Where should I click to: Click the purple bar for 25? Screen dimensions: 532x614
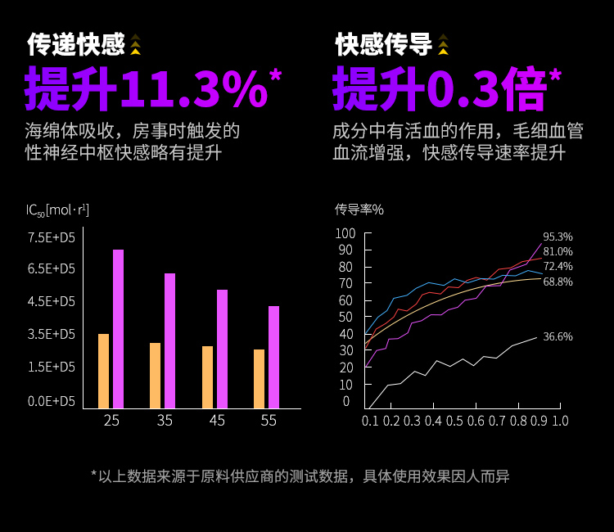[118, 328]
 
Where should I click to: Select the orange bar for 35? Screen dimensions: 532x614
[156, 375]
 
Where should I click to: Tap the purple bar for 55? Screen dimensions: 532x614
[274, 357]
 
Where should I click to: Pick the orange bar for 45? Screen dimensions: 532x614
[208, 376]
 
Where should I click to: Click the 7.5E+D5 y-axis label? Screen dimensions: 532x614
[52, 237]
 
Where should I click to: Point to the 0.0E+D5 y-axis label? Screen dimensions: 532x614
[52, 401]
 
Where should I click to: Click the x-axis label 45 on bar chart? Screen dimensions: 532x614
[217, 421]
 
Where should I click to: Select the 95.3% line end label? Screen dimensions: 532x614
[558, 237]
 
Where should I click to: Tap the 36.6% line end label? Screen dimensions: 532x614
[558, 336]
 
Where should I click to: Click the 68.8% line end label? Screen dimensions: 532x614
[558, 282]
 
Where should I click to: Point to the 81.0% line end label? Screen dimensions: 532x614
[558, 251]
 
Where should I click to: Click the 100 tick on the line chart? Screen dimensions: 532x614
[346, 234]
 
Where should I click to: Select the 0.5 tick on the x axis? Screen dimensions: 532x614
[455, 421]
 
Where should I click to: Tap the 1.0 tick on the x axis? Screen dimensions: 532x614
[560, 421]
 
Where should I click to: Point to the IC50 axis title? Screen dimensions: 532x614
[57, 210]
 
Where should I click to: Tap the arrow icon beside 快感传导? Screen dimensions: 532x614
[443, 44]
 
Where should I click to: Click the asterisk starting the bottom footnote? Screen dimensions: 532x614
[94, 474]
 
